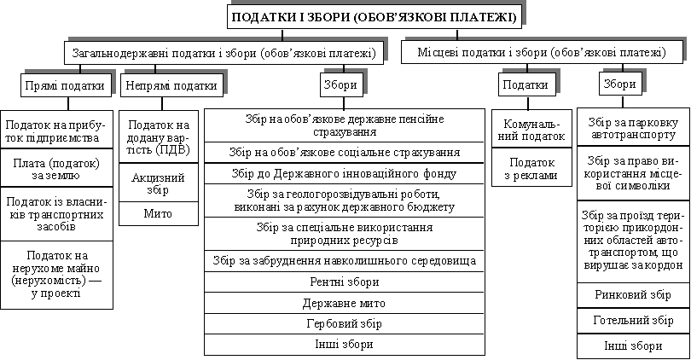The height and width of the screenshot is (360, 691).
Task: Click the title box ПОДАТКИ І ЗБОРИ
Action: (x=375, y=17)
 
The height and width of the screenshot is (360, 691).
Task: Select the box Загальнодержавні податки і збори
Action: (x=224, y=53)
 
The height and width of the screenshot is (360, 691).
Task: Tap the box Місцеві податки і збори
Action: (x=542, y=53)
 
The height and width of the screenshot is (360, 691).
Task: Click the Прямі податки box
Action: (x=65, y=85)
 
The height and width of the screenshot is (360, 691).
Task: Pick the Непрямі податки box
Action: (x=171, y=85)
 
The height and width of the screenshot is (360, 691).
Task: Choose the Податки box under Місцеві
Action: (x=526, y=84)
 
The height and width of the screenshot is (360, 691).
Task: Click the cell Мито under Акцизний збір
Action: (x=158, y=214)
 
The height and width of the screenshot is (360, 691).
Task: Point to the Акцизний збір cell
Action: (x=158, y=183)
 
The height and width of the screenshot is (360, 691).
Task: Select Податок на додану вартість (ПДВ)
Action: (x=158, y=137)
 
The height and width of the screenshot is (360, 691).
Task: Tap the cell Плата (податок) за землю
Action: (x=56, y=169)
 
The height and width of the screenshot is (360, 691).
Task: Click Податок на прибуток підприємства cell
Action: (x=56, y=130)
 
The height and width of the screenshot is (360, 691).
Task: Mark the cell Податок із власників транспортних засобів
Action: (x=56, y=214)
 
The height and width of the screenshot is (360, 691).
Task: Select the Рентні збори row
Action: (x=344, y=282)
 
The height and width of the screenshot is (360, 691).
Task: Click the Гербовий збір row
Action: (x=344, y=324)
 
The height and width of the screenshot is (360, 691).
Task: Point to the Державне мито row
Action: (x=344, y=303)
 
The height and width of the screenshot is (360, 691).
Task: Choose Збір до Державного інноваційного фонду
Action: (x=344, y=174)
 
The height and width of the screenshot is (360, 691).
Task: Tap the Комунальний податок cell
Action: (x=531, y=129)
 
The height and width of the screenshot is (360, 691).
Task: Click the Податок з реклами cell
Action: (x=531, y=167)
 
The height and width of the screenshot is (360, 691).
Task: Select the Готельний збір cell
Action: (x=633, y=321)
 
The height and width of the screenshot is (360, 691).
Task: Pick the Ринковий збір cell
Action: (x=633, y=295)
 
